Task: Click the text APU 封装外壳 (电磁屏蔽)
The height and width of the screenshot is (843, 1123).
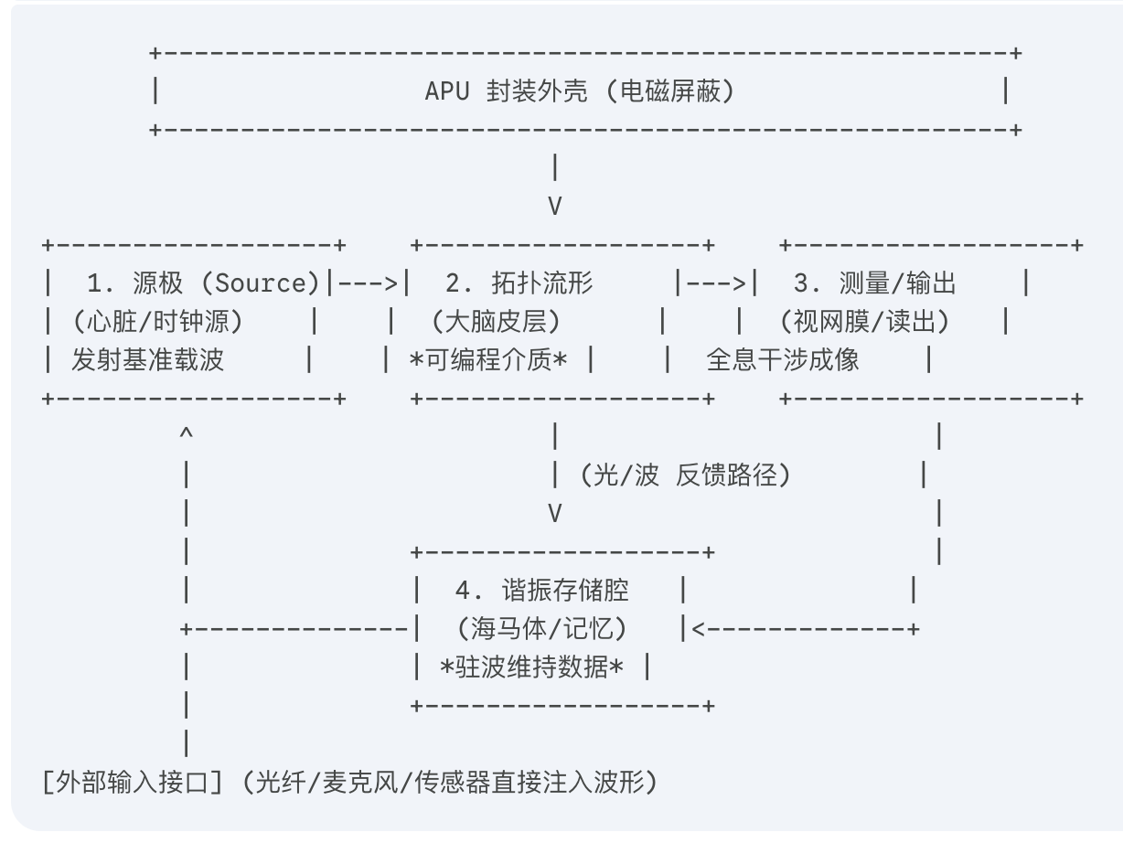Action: coord(580,91)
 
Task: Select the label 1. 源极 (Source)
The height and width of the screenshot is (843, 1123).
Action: coord(202,283)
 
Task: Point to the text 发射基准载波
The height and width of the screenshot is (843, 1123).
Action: coord(147,360)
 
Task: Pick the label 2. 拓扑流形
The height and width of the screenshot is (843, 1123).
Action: coord(518,283)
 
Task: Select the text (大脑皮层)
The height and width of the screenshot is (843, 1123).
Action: coord(497,322)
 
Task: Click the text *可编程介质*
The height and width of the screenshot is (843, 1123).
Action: coord(488,360)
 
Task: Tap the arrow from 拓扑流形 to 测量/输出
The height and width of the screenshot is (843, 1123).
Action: coord(715,283)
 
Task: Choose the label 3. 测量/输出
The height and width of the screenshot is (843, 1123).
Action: coord(873,283)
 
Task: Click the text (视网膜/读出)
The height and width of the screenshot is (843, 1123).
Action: coord(864,322)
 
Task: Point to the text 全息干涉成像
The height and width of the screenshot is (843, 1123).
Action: coord(783,360)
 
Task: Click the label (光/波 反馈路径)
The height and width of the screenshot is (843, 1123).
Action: coord(684,475)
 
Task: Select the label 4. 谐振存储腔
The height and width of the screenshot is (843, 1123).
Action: coord(541,591)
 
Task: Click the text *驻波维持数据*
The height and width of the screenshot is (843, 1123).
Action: coord(532,667)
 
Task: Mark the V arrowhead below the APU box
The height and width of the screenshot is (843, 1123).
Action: coord(554,207)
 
